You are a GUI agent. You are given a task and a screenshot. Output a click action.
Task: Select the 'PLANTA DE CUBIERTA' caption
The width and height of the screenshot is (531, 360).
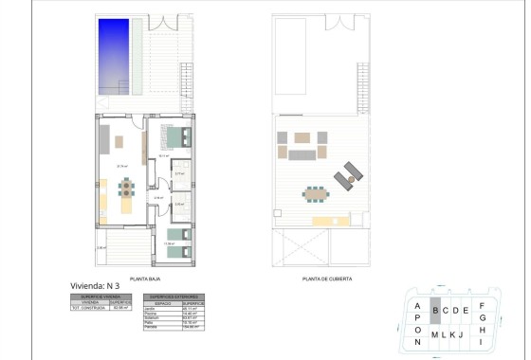coord(327,279)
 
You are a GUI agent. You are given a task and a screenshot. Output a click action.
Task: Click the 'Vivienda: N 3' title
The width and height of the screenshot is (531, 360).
coord(96,285)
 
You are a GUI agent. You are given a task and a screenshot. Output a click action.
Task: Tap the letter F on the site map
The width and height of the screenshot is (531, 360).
coord(483,305)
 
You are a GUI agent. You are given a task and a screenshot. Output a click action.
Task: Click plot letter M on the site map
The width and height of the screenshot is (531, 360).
coord(434,334)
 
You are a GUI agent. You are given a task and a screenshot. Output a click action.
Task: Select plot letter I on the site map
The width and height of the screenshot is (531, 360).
coord(483,342)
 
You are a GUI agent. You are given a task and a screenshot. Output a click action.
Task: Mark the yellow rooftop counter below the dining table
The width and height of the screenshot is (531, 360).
coord(326,221)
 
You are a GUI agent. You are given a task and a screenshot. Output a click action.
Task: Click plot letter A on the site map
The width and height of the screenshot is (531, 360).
coord(417,306)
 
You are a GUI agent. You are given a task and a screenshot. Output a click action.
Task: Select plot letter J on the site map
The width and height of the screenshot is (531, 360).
coord(460,334)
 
